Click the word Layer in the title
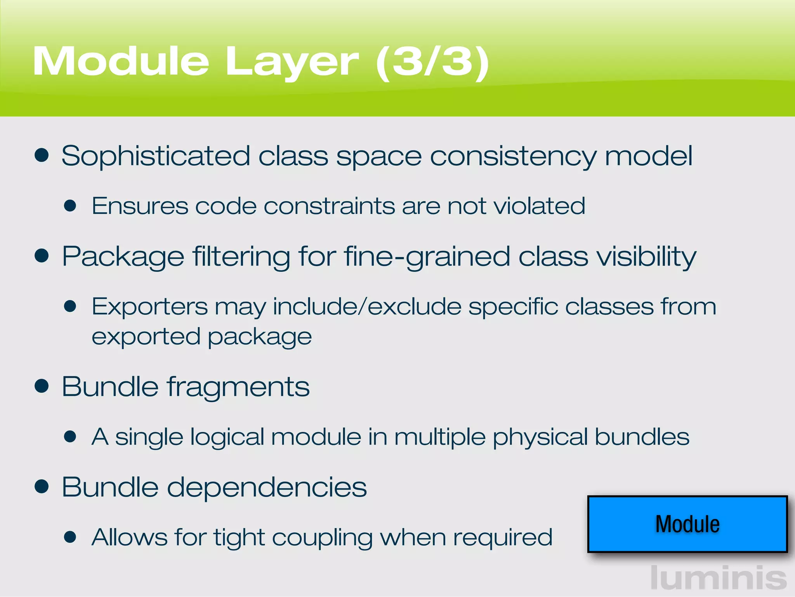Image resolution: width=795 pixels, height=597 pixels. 292,62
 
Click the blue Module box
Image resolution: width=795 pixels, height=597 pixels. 687,524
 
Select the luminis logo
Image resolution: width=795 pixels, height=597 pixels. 718,578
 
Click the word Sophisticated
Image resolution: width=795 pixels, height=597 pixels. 155,156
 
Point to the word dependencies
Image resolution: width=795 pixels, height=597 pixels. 267,487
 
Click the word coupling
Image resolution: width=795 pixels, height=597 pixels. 322,538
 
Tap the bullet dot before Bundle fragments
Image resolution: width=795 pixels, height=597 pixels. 42,386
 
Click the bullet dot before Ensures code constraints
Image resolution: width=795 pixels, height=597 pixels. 70,206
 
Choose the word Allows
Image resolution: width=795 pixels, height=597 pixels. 129,538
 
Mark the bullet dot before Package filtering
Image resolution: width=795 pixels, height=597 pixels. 42,256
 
